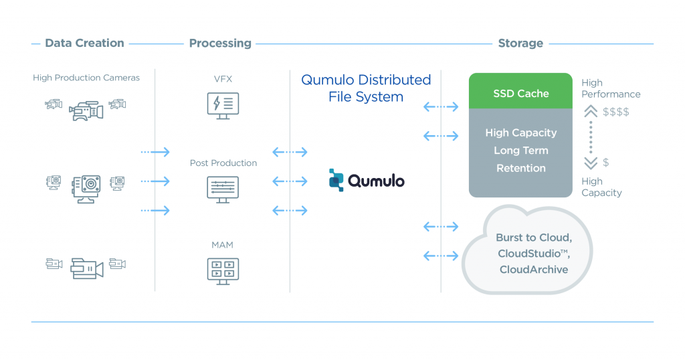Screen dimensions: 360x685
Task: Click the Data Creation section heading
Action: tap(84, 43)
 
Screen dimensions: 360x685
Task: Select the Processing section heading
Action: tap(220, 43)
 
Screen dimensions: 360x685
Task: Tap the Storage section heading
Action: tap(520, 43)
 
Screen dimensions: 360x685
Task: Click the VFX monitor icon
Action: tap(223, 106)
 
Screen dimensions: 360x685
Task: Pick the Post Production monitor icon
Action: tap(223, 189)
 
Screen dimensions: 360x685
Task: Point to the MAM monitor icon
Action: tap(223, 270)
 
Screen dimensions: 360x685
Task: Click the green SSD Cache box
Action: tap(520, 94)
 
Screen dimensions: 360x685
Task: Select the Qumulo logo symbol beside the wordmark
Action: tap(336, 180)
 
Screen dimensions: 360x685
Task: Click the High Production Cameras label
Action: tap(86, 78)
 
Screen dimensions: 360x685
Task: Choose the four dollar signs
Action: tap(615, 112)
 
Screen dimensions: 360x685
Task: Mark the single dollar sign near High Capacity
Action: tap(606, 163)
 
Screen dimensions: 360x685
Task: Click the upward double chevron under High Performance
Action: tap(591, 112)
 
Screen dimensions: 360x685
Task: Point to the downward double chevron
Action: tap(591, 163)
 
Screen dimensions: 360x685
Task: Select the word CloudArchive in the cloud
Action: tap(533, 270)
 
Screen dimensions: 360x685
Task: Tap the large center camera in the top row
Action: tap(86, 110)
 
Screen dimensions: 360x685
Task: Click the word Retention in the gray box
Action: tap(520, 168)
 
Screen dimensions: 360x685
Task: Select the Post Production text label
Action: tap(223, 163)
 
